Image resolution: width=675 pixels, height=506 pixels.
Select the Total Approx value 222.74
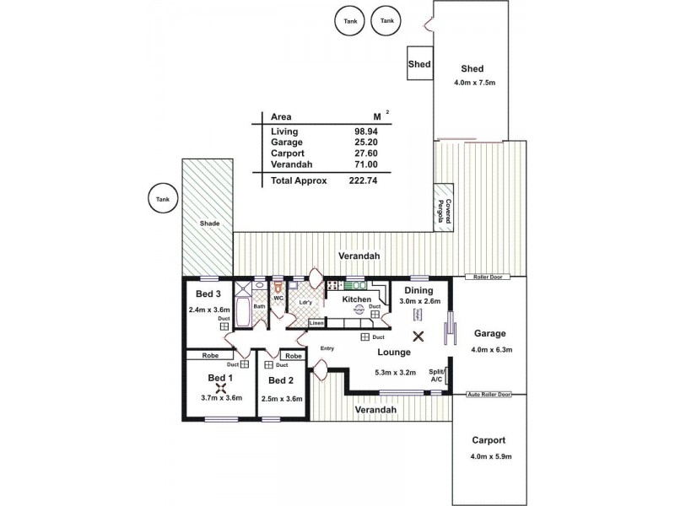tap(366, 180)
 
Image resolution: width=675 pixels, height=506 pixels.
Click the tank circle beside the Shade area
tap(160, 199)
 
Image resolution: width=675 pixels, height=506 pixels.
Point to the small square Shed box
tap(419, 64)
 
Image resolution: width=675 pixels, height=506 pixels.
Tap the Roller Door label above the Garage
tap(488, 277)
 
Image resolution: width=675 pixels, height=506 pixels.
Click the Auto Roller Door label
tap(489, 394)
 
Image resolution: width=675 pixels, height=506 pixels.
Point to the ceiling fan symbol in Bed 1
tap(222, 387)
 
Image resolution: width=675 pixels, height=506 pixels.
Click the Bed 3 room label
tap(208, 294)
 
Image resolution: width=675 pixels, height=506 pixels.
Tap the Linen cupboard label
tap(316, 323)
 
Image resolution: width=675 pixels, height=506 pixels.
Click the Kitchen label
tap(356, 299)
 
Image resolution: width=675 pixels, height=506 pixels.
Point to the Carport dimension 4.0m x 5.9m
tap(489, 457)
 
